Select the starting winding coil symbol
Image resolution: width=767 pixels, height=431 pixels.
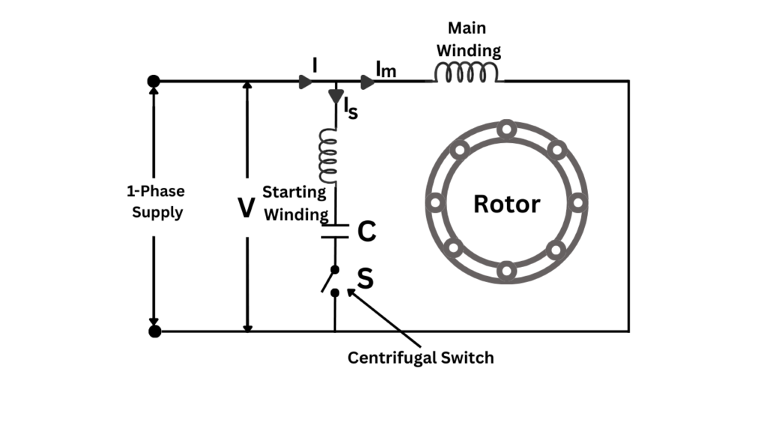tap(327, 155)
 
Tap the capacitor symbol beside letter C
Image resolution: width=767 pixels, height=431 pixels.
tap(335, 230)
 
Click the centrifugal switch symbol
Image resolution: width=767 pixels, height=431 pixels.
tap(330, 280)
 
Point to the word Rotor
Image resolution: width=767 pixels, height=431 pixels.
tap(506, 204)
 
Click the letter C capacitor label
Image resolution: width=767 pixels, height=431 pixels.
tap(366, 232)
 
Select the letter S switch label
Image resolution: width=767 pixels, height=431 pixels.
tap(365, 279)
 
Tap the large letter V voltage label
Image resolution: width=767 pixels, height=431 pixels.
tap(246, 208)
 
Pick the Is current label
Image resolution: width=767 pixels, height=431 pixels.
tap(351, 108)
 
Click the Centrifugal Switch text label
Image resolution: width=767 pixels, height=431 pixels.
tap(420, 358)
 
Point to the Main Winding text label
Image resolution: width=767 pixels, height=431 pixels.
tap(468, 40)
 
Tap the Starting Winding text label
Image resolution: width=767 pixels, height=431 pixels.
tap(294, 203)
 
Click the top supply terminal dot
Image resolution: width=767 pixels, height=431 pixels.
tap(154, 81)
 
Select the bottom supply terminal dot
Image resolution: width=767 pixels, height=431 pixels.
tap(154, 331)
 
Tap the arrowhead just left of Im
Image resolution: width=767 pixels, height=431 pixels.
tap(367, 81)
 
